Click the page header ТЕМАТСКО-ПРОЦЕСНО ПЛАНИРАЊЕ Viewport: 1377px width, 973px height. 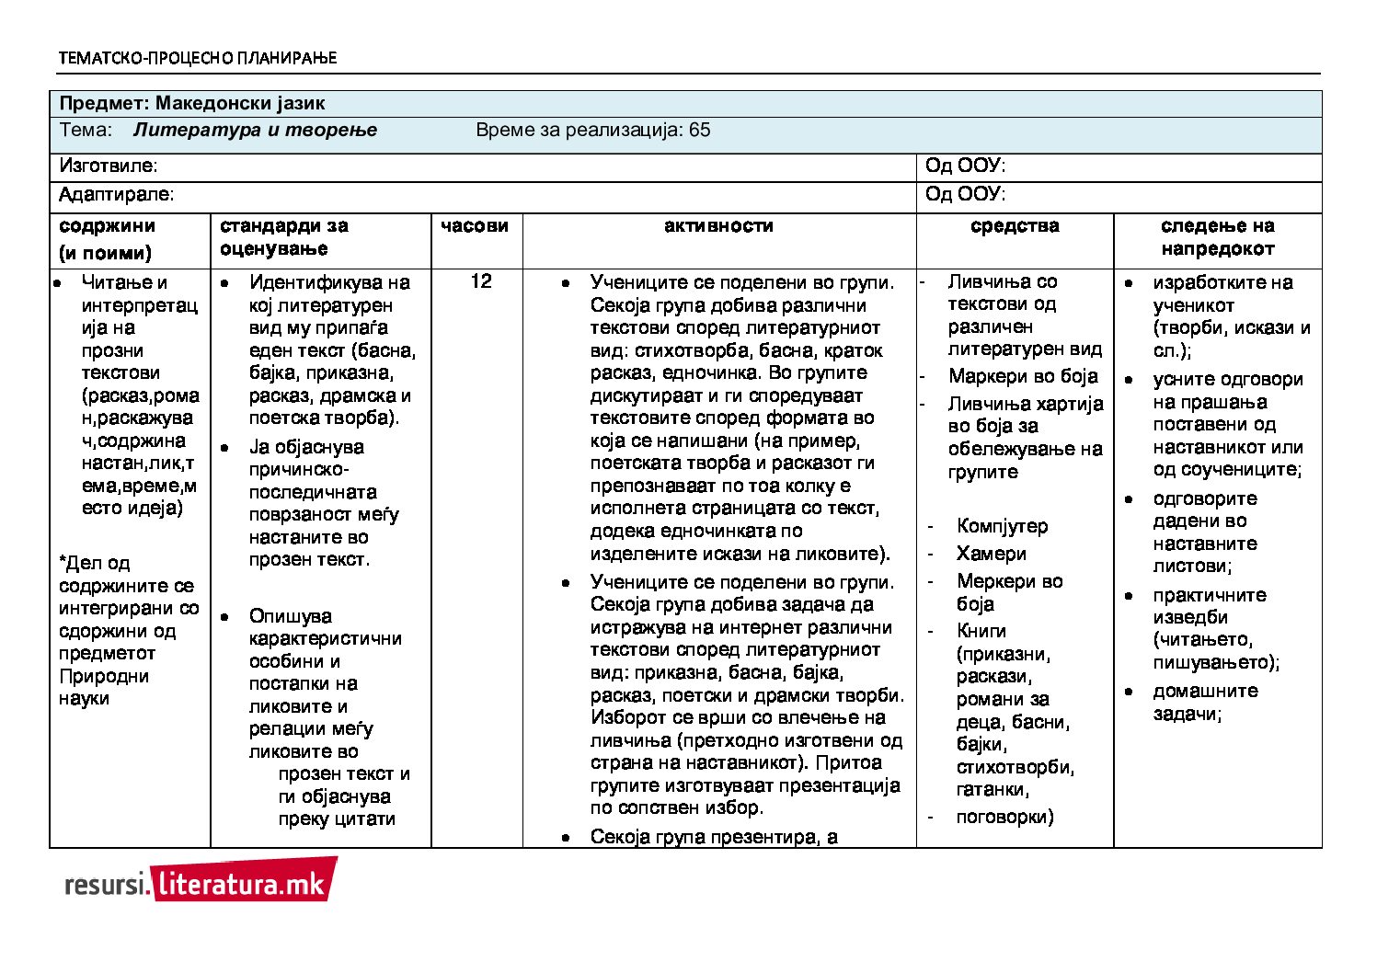point(198,58)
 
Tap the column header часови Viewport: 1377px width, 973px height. point(475,226)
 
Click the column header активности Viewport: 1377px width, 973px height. point(718,226)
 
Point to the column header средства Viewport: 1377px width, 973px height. point(1015,226)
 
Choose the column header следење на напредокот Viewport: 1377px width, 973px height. point(1217,237)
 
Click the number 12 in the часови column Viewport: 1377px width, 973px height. point(481,281)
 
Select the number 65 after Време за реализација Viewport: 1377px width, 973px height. point(699,130)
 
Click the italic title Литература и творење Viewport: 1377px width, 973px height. point(255,130)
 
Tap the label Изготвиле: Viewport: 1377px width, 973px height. point(109,166)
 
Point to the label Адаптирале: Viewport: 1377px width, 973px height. point(117,195)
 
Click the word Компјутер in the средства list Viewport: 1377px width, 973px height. point(1002,526)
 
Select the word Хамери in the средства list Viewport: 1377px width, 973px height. point(991,554)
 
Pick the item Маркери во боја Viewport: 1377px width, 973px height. point(1023,376)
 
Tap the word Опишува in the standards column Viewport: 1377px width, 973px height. point(291,616)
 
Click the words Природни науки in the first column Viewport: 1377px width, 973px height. point(103,687)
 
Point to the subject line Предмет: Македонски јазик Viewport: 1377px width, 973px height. point(192,103)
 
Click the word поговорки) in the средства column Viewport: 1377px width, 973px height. point(1004,817)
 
